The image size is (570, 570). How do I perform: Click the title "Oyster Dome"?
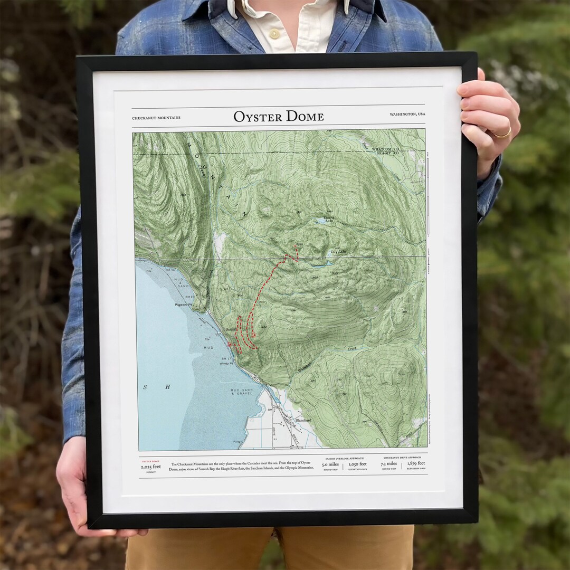[x=279, y=116]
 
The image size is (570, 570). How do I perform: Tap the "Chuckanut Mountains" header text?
[x=156, y=118]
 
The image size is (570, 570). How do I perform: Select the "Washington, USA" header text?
[x=407, y=115]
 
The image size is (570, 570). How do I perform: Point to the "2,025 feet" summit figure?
[x=150, y=467]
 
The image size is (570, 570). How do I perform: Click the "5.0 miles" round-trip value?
[x=330, y=464]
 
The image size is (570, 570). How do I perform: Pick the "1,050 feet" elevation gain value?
[x=357, y=464]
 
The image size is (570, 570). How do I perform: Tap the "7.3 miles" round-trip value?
[x=389, y=464]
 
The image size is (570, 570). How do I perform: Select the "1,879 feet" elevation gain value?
[x=416, y=464]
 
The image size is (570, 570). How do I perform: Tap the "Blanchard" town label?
[x=303, y=420]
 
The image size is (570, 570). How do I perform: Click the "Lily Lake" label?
[x=338, y=252]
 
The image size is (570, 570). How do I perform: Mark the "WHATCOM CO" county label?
[x=385, y=149]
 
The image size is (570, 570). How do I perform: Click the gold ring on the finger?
[x=502, y=134]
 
